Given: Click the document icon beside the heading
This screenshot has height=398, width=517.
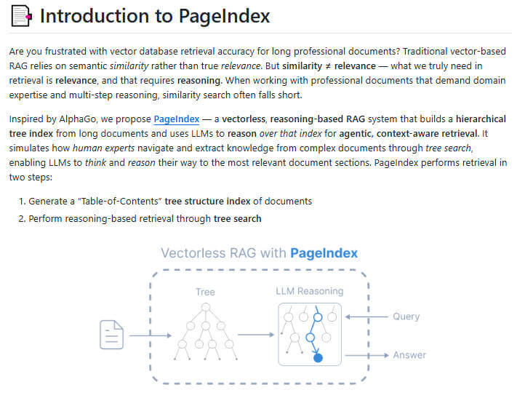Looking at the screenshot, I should [20, 16].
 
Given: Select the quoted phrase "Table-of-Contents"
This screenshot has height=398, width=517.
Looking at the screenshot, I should [119, 201].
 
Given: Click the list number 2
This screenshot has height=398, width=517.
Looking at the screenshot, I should [22, 218].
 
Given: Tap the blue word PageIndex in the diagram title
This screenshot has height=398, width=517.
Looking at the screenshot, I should [324, 253].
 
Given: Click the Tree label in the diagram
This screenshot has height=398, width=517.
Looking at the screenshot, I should [205, 292].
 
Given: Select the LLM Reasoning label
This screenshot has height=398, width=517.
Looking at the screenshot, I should [309, 292].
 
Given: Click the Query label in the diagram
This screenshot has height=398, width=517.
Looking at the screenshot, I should [406, 317].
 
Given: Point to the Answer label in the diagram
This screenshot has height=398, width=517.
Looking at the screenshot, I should [409, 355].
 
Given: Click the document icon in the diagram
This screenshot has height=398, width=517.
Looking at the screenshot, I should [111, 335].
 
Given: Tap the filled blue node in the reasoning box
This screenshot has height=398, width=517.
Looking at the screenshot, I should [318, 357].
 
